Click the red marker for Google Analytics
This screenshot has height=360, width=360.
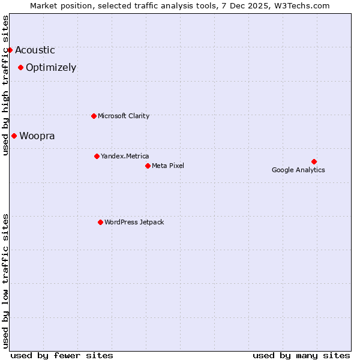click(314, 161)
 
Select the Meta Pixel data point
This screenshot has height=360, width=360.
click(148, 166)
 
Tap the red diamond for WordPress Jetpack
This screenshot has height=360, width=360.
click(100, 222)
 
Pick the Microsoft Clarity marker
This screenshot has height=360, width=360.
click(94, 116)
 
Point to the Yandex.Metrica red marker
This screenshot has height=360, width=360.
click(97, 156)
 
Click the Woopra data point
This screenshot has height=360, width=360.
click(14, 136)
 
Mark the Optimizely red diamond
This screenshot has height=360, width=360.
click(20, 67)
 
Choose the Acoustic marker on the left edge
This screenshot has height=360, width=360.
click(10, 50)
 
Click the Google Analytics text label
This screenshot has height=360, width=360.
click(298, 170)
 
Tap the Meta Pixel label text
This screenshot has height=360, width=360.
click(168, 166)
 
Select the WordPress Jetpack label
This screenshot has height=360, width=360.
click(134, 222)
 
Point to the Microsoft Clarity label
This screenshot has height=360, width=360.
click(124, 116)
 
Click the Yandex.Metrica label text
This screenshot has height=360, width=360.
click(125, 156)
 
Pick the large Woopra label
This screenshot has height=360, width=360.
click(37, 136)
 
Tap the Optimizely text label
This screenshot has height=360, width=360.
click(51, 67)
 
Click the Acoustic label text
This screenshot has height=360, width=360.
click(35, 50)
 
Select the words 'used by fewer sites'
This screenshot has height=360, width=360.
click(62, 355)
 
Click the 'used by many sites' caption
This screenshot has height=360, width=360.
click(301, 355)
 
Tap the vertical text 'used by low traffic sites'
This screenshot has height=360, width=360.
click(5, 280)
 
